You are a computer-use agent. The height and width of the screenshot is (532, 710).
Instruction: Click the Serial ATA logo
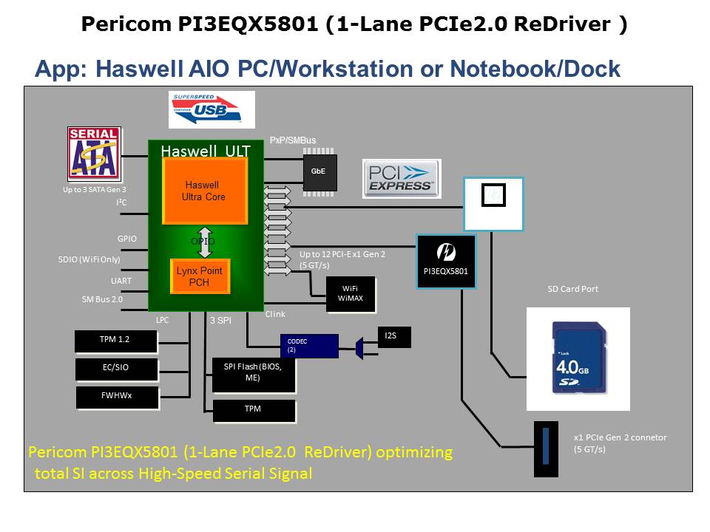[x=94, y=154]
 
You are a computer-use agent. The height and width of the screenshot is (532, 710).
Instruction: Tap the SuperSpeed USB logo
[x=211, y=109]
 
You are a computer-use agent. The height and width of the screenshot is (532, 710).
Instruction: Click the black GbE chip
[x=319, y=171]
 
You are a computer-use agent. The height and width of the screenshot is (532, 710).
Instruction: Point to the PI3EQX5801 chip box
[x=445, y=261]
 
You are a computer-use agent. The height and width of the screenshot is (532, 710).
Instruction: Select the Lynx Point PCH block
[x=200, y=276]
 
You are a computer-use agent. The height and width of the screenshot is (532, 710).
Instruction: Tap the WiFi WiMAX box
[x=351, y=293]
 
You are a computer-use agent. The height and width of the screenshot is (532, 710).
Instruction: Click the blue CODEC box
[x=309, y=345]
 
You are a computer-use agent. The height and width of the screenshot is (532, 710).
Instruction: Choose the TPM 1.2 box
[x=116, y=341]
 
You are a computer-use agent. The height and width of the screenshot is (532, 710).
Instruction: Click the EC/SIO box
[x=116, y=368]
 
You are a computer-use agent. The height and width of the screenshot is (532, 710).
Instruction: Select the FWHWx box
[x=116, y=395]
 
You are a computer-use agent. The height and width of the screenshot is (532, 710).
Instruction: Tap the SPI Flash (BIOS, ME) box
[x=254, y=375]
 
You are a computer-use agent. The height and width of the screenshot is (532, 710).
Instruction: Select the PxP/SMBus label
[x=294, y=140]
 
